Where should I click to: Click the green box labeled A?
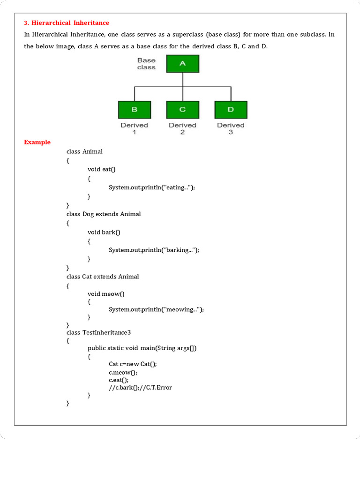182,63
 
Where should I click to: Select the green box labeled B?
135,109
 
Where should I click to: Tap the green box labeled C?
182,109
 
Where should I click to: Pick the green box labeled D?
231,109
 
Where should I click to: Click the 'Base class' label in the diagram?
146,64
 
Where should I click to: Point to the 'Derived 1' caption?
135,128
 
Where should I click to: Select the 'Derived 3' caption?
231,128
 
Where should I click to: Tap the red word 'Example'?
37,142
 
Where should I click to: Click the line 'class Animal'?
84,151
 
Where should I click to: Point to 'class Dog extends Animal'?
104,214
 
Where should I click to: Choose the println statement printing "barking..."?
154,250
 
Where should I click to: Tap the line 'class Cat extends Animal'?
103,277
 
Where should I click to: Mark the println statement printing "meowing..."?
156,309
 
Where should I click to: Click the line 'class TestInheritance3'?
98,332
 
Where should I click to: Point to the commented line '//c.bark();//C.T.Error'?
141,388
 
